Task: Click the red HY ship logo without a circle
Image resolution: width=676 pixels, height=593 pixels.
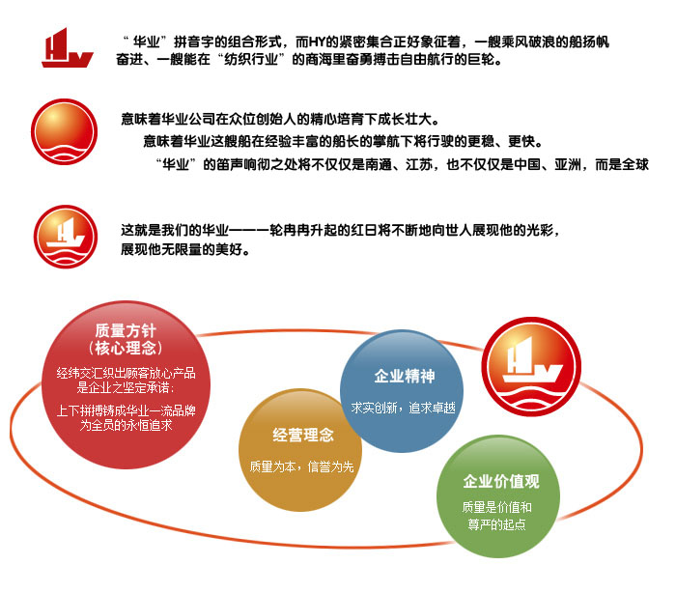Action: (x=68, y=48)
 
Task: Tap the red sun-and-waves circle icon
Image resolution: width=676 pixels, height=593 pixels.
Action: (x=65, y=131)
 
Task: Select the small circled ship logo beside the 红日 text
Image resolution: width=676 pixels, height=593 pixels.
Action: (x=66, y=237)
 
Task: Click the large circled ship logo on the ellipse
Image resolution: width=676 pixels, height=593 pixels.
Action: (x=531, y=367)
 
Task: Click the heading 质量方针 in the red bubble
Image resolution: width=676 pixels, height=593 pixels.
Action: (x=126, y=331)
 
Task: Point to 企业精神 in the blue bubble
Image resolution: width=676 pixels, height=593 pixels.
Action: (x=405, y=376)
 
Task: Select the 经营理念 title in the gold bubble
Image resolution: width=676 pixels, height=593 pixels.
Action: (x=303, y=435)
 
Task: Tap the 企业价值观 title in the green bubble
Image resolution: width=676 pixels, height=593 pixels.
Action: (x=501, y=481)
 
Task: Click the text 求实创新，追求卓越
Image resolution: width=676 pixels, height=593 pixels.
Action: (x=403, y=408)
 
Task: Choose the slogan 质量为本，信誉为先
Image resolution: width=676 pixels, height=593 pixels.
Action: (x=301, y=466)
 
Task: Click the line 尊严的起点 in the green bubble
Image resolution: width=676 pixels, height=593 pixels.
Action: (x=497, y=524)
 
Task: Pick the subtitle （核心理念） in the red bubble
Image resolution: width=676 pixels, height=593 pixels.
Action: (x=126, y=348)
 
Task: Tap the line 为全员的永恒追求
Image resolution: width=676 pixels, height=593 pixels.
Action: (x=126, y=425)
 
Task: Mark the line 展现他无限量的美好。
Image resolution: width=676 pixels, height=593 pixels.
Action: (x=185, y=249)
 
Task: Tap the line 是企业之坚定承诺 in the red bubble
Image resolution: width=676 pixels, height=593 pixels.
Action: (x=126, y=387)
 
